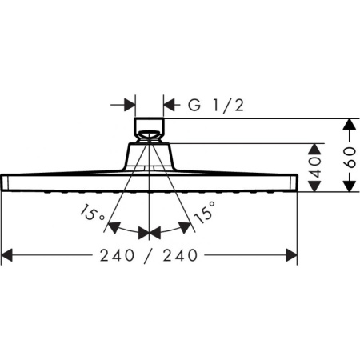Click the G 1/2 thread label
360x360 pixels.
215,105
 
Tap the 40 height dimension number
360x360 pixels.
316,166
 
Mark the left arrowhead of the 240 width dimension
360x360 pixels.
8,255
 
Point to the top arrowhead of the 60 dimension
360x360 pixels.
349,125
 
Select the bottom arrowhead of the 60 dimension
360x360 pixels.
349,186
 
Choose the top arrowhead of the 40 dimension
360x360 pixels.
316,148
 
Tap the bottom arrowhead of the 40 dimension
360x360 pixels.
316,186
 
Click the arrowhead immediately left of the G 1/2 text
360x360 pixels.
170,105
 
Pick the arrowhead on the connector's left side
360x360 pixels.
129,105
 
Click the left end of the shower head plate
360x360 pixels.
5,182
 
